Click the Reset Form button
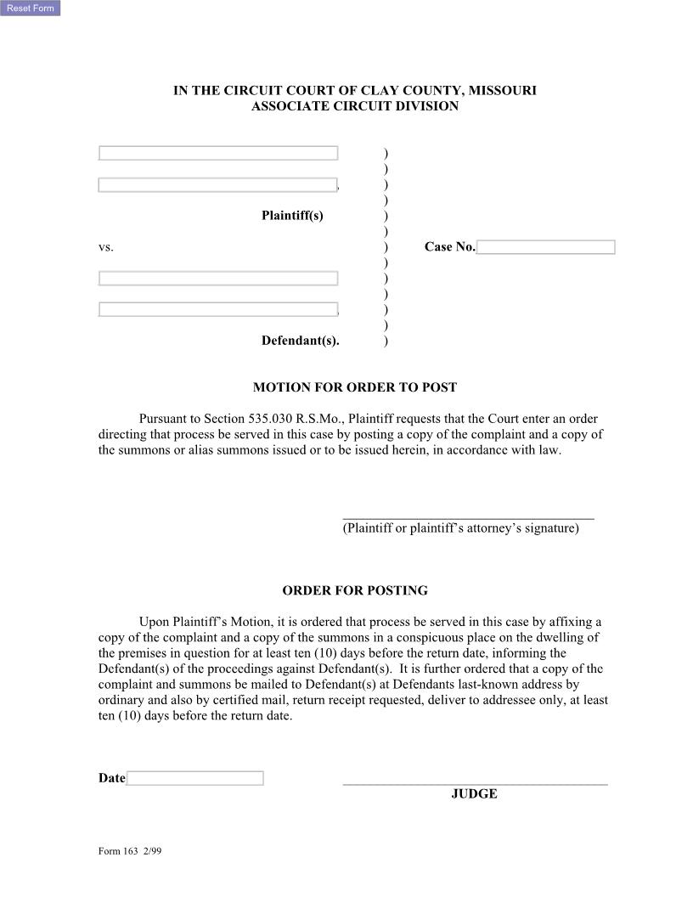pyautogui.click(x=30, y=8)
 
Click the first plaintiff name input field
pyautogui.click(x=218, y=153)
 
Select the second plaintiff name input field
pyautogui.click(x=217, y=185)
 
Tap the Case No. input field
pyautogui.click(x=545, y=247)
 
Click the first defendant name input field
pyautogui.click(x=218, y=279)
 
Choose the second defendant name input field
pyautogui.click(x=218, y=309)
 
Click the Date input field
pyautogui.click(x=194, y=778)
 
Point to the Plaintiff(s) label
pyautogui.click(x=292, y=216)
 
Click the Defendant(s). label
pyautogui.click(x=300, y=341)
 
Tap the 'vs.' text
pyautogui.click(x=105, y=247)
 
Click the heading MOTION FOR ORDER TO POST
pyautogui.click(x=354, y=387)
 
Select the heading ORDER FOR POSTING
pyautogui.click(x=354, y=590)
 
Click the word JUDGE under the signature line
pyautogui.click(x=474, y=794)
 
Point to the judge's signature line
pyautogui.click(x=475, y=784)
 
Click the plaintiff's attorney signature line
pyautogui.click(x=468, y=517)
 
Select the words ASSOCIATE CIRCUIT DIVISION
pyautogui.click(x=354, y=106)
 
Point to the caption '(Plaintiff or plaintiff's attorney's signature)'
pyautogui.click(x=460, y=528)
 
